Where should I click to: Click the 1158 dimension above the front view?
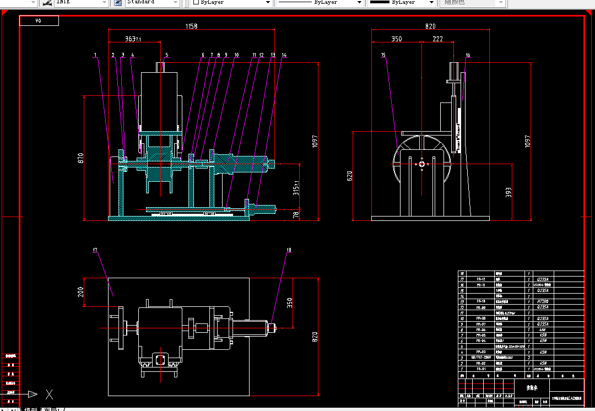pyautogui.click(x=191, y=26)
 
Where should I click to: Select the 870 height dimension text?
pyautogui.click(x=80, y=158)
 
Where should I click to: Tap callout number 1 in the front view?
pyautogui.click(x=95, y=55)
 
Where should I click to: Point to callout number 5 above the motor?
pyautogui.click(x=167, y=55)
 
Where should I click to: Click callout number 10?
pyautogui.click(x=236, y=55)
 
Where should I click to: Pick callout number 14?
pyautogui.click(x=284, y=55)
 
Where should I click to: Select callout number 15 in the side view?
pyautogui.click(x=383, y=55)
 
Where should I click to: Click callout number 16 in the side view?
pyautogui.click(x=468, y=55)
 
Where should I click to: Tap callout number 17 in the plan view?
pyautogui.click(x=95, y=251)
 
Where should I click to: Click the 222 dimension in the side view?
pyautogui.click(x=437, y=39)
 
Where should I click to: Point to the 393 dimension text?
pyautogui.click(x=509, y=192)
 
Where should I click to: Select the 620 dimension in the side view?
pyautogui.click(x=349, y=176)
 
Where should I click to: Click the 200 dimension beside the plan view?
pyautogui.click(x=80, y=292)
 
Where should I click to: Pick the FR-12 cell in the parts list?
pyautogui.click(x=481, y=279)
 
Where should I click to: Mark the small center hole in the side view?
pyautogui.click(x=421, y=163)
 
